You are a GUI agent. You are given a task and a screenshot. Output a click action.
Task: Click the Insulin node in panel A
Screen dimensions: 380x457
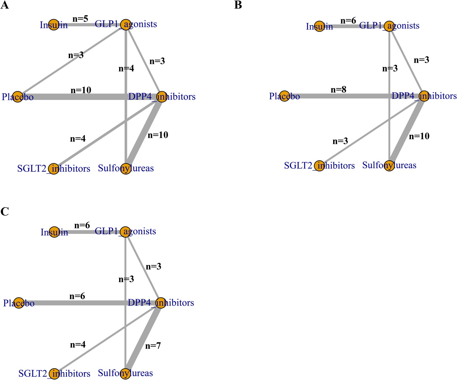click(53, 25)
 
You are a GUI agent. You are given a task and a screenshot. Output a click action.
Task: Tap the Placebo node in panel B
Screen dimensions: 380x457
click(284, 96)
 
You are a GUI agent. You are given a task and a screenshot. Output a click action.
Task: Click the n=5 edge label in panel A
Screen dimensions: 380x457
click(80, 19)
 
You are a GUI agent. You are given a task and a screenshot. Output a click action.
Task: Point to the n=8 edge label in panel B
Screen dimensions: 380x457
click(338, 90)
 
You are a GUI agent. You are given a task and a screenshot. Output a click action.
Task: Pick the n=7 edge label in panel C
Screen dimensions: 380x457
click(153, 346)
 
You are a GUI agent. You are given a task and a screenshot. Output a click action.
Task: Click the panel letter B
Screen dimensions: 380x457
click(238, 5)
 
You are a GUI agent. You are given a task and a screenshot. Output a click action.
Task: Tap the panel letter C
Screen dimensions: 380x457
click(4, 212)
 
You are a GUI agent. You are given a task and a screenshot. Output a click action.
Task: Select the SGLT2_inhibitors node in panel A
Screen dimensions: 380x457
click(53, 168)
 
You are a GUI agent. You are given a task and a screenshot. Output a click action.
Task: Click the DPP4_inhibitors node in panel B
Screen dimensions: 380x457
click(424, 96)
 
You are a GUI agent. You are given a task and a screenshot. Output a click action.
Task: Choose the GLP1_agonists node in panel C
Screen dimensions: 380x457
click(126, 232)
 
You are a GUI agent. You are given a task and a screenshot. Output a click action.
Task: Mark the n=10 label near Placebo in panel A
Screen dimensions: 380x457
click(81, 90)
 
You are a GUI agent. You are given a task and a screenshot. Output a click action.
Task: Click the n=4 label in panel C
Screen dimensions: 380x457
click(78, 345)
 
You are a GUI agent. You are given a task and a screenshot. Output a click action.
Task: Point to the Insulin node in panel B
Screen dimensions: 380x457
click(319, 26)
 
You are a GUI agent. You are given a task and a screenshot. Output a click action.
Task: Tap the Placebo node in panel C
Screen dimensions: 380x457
click(19, 303)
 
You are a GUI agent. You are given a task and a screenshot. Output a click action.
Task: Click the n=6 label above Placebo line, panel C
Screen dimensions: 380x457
click(77, 296)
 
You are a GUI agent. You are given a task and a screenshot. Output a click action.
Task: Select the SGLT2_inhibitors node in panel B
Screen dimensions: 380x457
click(319, 166)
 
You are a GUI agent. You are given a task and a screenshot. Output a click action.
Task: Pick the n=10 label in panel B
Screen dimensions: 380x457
click(419, 136)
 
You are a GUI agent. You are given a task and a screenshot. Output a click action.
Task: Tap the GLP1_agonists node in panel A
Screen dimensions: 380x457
click(126, 25)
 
